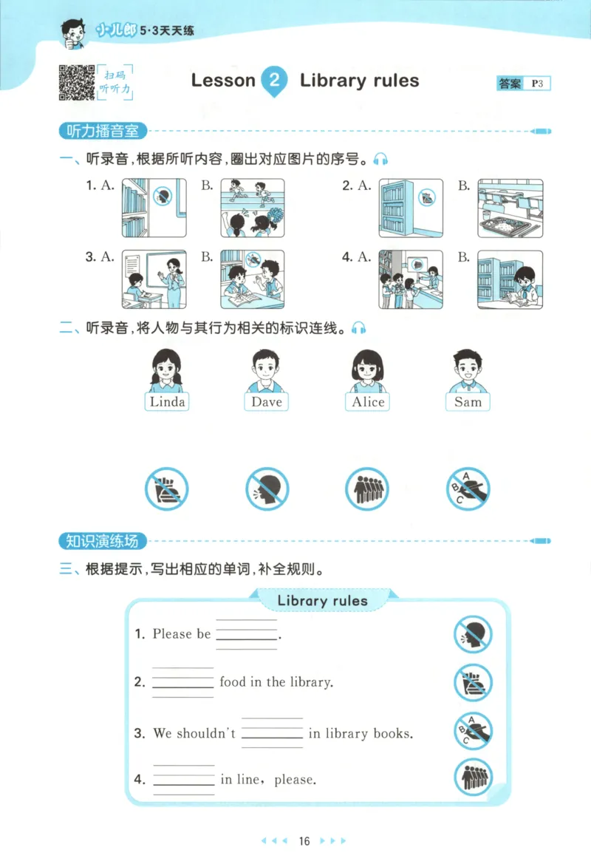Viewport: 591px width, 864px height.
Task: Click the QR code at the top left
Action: tap(75, 82)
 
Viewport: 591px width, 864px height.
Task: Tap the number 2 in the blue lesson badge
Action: tap(274, 81)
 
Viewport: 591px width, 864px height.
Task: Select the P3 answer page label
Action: tap(537, 84)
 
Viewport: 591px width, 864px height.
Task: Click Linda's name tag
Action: tap(168, 401)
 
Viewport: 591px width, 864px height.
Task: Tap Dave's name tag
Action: tap(267, 401)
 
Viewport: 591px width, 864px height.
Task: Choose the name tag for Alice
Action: tap(368, 401)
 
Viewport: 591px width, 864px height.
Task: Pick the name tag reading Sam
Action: tap(468, 401)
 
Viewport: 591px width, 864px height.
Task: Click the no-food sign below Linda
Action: tap(167, 489)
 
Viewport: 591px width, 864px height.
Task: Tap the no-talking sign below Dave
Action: tap(267, 489)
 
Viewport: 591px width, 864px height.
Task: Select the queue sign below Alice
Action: tap(367, 489)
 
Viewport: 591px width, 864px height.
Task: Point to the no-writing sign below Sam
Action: tap(468, 489)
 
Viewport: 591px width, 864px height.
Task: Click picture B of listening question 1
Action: tap(253, 208)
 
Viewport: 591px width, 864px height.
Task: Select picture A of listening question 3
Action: tap(154, 279)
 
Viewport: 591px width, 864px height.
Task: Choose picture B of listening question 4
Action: tap(510, 279)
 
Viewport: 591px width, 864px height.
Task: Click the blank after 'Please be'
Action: tap(247, 635)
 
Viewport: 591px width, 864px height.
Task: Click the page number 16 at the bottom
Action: tap(304, 841)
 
